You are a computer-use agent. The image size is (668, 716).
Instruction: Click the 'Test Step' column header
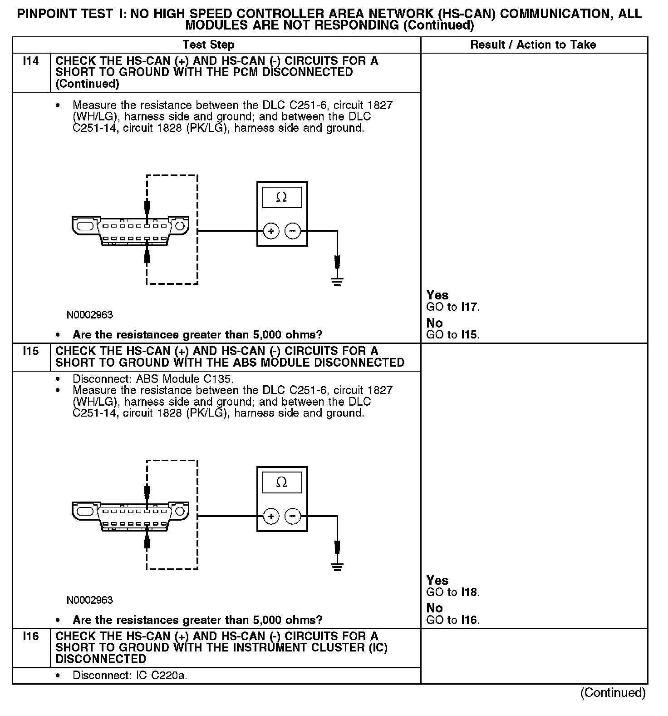[x=208, y=45]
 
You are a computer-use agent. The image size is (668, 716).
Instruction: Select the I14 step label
[x=30, y=61]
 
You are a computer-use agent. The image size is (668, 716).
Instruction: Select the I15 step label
[x=30, y=351]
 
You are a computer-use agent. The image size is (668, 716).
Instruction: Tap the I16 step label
[x=30, y=636]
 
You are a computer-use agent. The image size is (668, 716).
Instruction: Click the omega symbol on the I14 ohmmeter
[x=281, y=197]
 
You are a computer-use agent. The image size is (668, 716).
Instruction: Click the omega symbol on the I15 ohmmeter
[x=281, y=482]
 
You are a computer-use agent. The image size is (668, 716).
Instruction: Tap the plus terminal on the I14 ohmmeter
[x=271, y=231]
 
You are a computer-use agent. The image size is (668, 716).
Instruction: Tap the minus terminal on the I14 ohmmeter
[x=293, y=231]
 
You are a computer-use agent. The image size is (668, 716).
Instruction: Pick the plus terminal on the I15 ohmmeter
[x=271, y=517]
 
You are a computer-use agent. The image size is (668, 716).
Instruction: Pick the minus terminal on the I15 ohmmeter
[x=293, y=517]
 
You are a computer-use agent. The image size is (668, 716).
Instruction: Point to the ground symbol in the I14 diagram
[x=337, y=281]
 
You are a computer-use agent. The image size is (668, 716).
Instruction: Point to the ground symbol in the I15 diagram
[x=337, y=567]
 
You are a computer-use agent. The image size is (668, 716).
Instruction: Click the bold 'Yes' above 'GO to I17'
[x=437, y=295]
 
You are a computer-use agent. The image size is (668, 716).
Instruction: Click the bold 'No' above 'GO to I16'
[x=434, y=608]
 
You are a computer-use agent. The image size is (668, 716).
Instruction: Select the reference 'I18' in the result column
[x=469, y=592]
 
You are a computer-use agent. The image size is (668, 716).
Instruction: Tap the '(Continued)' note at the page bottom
[x=613, y=692]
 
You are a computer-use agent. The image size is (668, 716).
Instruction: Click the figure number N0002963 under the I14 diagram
[x=90, y=314]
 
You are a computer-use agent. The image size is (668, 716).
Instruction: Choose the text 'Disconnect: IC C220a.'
[x=130, y=676]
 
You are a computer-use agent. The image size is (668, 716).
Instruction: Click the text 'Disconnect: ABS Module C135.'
[x=153, y=379]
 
